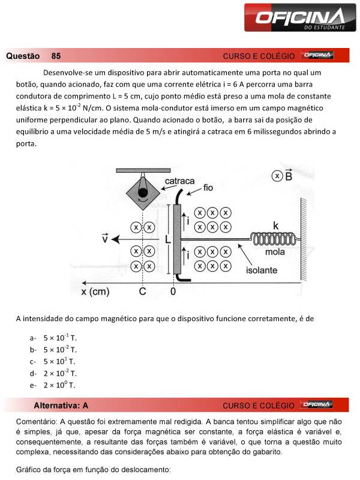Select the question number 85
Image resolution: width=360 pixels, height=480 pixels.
pos(56,56)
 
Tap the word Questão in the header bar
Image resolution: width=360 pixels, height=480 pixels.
pos(22,56)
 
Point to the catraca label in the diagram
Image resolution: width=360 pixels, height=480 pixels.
pos(179,181)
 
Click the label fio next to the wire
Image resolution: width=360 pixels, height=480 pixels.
pos(208,188)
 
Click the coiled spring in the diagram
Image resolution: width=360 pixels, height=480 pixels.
pos(274,239)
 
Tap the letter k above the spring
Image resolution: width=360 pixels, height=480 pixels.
pos(275,226)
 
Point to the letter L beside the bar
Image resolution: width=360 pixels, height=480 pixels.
pos(168,239)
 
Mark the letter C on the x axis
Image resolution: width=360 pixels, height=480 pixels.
pos(142,292)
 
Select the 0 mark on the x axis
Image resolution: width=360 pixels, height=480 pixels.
pos(173,292)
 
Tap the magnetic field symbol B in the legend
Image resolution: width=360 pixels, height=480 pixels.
pos(289,175)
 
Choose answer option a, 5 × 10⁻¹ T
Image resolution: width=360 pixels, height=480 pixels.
pos(59,338)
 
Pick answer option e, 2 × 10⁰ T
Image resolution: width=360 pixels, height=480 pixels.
pos(59,385)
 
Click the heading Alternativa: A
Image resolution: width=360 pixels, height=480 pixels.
pos(61,405)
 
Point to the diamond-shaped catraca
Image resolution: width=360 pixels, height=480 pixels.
pos(142,193)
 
